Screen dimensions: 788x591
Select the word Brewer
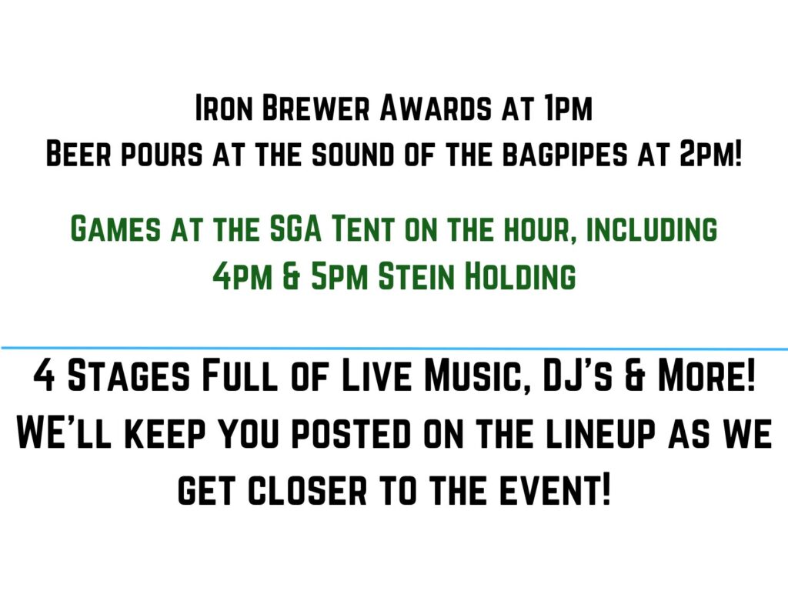click(x=316, y=108)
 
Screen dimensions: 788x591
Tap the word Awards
click(x=436, y=108)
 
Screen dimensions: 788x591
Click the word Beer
click(x=78, y=153)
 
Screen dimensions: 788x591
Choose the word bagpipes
click(x=566, y=153)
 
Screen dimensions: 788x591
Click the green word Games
click(x=115, y=229)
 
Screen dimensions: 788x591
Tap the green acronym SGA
click(x=295, y=229)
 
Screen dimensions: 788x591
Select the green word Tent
click(x=363, y=229)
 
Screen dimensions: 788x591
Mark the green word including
click(x=652, y=229)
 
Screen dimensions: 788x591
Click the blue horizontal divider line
click(x=394, y=348)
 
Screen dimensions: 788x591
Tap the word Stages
click(x=129, y=376)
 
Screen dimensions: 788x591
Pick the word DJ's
click(x=577, y=376)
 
